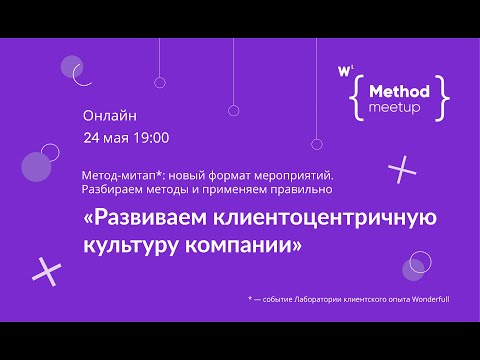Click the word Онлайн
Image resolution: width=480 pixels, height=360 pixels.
click(110, 116)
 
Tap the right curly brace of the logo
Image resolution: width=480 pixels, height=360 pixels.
click(443, 96)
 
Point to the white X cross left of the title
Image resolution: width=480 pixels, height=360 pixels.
click(46, 268)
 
